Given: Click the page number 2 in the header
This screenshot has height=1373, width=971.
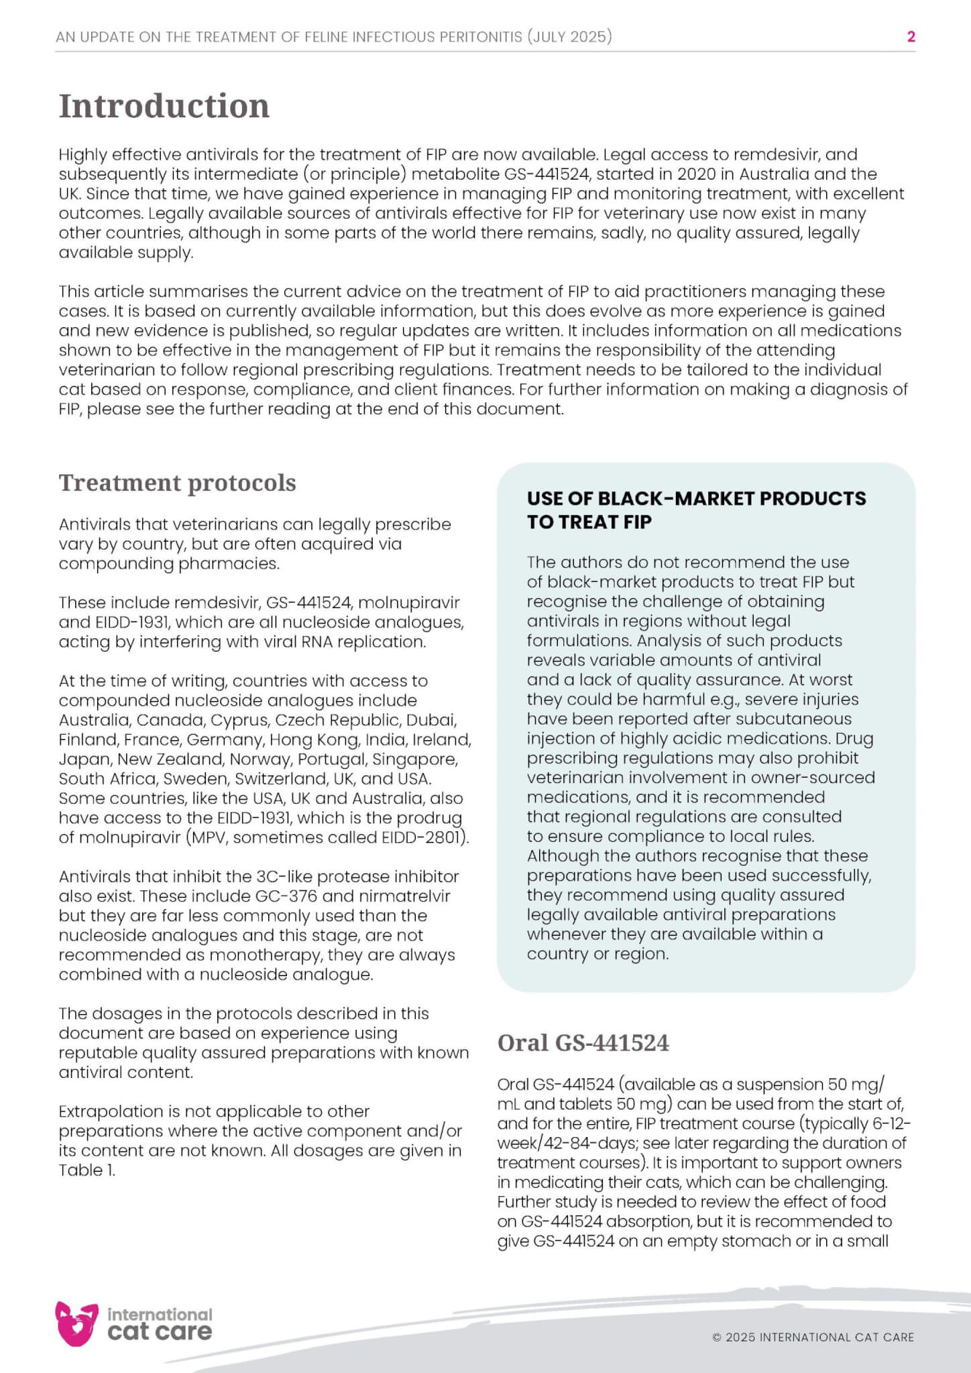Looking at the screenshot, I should pyautogui.click(x=911, y=37).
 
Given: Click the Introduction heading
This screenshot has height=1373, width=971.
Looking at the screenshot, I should pyautogui.click(x=164, y=106).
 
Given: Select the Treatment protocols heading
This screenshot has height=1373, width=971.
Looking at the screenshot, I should pyautogui.click(x=177, y=483).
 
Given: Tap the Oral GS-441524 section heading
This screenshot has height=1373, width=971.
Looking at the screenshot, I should pyautogui.click(x=583, y=1042).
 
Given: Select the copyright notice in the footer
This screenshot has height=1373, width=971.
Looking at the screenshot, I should pyautogui.click(x=813, y=1337).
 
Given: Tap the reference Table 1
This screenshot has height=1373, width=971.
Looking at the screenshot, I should pyautogui.click(x=87, y=1171).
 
